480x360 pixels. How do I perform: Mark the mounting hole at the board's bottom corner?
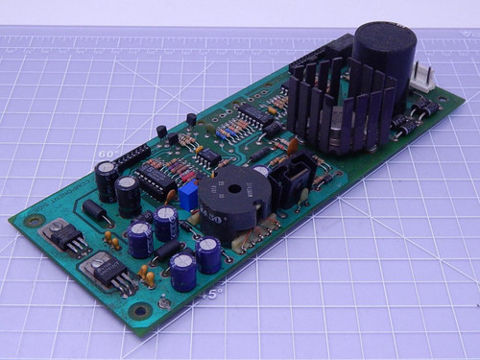point(141,310)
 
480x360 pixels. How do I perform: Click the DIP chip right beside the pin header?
point(155,177)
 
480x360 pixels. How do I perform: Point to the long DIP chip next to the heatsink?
point(257,115)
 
